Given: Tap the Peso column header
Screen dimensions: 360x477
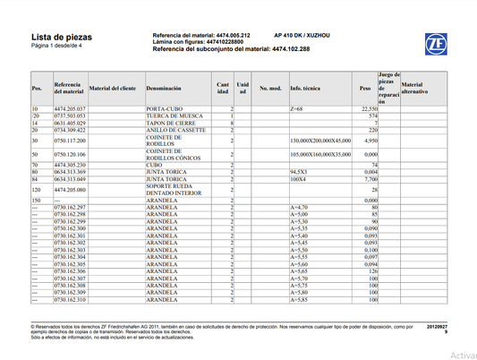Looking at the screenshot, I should click(x=364, y=90).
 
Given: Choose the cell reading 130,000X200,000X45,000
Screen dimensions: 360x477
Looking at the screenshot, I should click(x=320, y=141).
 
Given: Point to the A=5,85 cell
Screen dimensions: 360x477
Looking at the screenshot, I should click(x=300, y=299).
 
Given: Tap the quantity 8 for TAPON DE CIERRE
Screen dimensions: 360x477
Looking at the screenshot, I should click(x=231, y=124).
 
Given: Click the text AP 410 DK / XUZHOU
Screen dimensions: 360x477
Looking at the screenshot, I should click(x=301, y=32).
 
